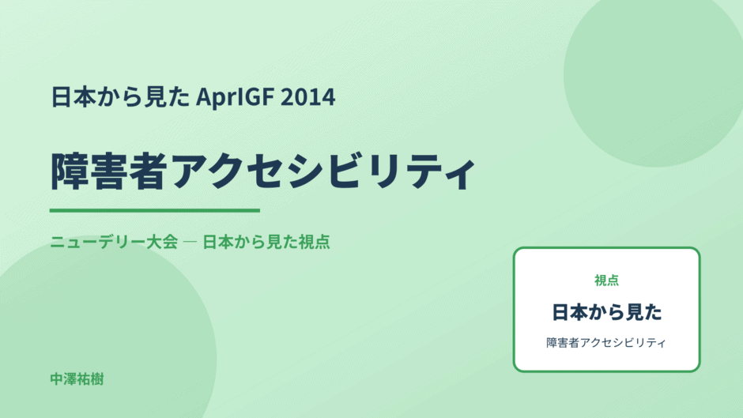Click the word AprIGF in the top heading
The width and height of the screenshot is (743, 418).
tap(235, 97)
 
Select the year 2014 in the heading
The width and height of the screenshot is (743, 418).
tap(308, 97)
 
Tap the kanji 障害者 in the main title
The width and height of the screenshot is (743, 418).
tap(109, 171)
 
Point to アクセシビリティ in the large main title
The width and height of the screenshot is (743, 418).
tap(322, 171)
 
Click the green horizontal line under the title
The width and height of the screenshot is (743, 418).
tap(154, 210)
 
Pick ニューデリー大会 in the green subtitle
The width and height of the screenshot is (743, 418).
tap(114, 242)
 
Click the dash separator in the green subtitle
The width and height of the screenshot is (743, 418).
tap(190, 242)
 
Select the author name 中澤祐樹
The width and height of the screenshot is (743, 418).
tap(77, 379)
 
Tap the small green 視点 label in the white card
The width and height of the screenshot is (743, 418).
tap(606, 281)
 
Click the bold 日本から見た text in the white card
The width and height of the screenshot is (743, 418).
tap(606, 312)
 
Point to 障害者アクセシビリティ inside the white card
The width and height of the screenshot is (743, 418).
tap(606, 343)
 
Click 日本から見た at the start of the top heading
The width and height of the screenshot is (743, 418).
tap(120, 97)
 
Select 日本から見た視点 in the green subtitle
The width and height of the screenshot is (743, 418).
tap(266, 242)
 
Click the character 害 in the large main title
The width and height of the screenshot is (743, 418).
tap(109, 171)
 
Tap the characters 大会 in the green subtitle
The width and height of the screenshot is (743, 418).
tap(161, 242)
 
